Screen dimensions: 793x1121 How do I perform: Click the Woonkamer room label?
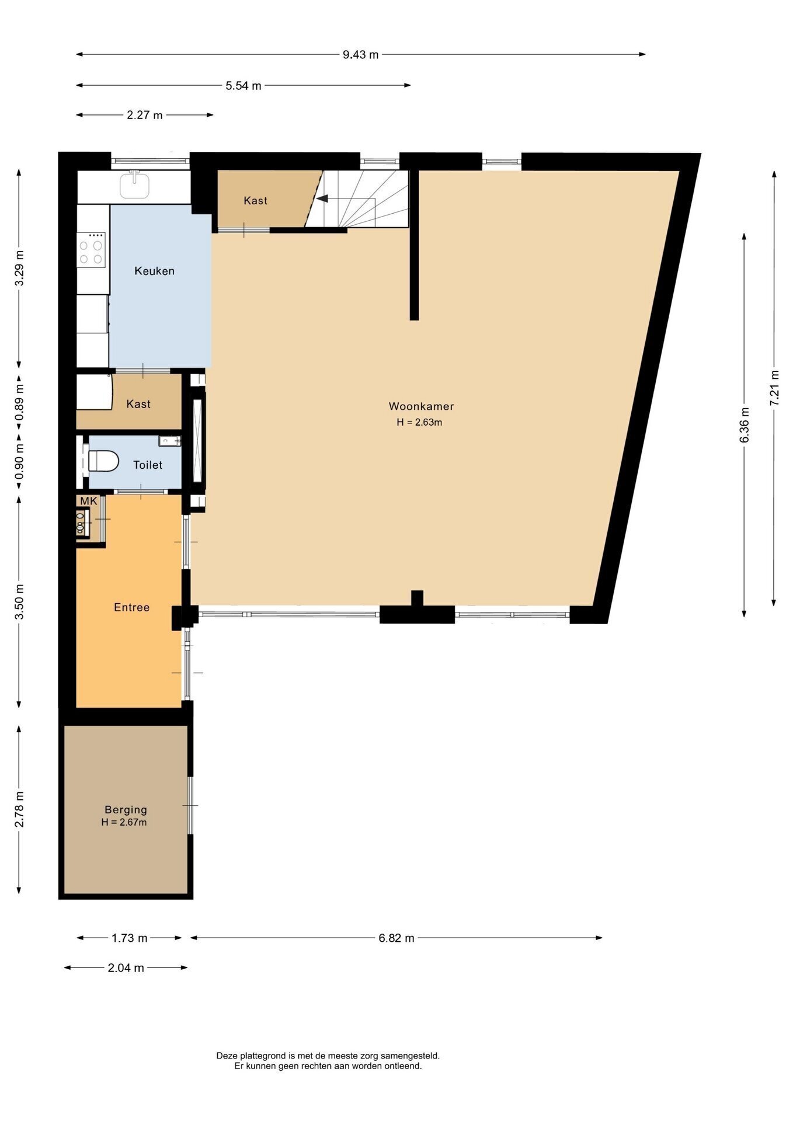click(x=421, y=406)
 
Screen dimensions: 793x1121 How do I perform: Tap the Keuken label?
click(x=154, y=271)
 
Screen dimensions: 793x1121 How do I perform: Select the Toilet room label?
click(x=148, y=465)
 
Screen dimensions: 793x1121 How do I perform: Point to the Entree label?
click(x=132, y=607)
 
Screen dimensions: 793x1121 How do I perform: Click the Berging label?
click(x=126, y=810)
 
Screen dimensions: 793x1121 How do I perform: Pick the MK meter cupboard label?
click(x=89, y=501)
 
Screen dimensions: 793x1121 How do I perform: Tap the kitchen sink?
click(x=135, y=185)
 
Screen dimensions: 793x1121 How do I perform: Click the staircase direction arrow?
click(x=322, y=199)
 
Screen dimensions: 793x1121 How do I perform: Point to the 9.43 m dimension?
click(x=360, y=55)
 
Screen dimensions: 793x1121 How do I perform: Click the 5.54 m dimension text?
click(x=244, y=86)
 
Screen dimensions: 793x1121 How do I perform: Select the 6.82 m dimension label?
click(x=396, y=938)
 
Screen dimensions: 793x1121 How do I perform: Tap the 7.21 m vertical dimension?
click(x=774, y=388)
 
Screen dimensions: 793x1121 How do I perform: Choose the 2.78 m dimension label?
click(x=19, y=809)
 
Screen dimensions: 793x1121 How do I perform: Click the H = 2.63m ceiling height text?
click(x=419, y=422)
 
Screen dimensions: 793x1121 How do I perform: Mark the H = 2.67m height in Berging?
click(x=124, y=823)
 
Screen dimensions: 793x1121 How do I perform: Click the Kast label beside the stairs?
click(x=256, y=201)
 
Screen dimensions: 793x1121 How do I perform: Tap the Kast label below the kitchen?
click(x=138, y=404)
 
